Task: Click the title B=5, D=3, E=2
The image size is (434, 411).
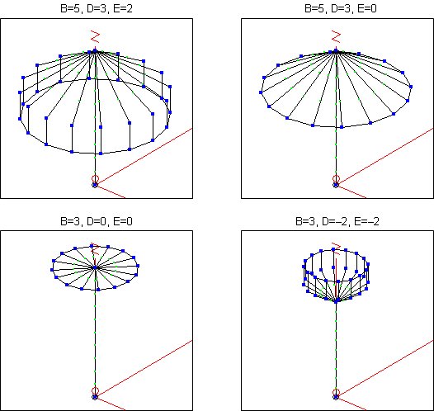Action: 97,8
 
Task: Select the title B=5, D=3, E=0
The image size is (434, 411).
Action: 341,8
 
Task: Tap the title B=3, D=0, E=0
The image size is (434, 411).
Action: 97,221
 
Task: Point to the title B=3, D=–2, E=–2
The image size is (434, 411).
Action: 337,221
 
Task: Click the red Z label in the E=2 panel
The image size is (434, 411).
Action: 95,36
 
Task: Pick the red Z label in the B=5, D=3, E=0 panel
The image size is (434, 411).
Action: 336,36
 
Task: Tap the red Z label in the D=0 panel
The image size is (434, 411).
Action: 95,249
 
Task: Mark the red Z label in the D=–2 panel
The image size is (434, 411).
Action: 336,249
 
